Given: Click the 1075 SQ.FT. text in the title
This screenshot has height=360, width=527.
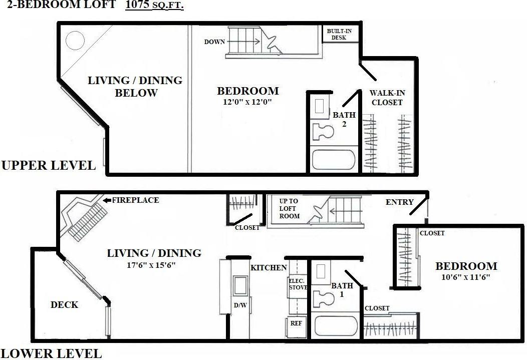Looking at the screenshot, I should pos(154,6).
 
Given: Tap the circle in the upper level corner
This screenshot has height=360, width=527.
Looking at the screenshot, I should pos(75,40).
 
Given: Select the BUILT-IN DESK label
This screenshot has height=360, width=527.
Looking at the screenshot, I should pos(339,34).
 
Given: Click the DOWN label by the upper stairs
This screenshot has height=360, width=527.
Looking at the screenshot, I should pos(214,42).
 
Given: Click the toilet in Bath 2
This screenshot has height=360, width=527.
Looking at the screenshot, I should pos(322,132).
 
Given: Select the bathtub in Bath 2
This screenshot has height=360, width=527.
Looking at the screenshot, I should pos(333,160).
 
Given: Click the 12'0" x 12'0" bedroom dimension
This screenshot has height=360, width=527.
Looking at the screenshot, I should pos(247,102).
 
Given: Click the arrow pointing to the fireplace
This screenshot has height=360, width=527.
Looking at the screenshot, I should pos(106,200).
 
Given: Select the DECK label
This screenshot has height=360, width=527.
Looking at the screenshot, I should pos(64,304).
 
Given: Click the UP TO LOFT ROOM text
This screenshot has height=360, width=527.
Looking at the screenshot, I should pos(289,208).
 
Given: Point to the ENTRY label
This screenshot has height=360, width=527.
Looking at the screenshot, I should pos(399,202).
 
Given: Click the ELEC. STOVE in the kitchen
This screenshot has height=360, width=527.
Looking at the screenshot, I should pos(298,284).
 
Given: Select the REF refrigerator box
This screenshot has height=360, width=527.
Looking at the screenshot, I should pos(296,323).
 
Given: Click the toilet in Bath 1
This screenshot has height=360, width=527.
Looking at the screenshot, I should pos(323,298).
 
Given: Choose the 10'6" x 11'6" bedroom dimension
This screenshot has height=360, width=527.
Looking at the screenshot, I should pos(465,277).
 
